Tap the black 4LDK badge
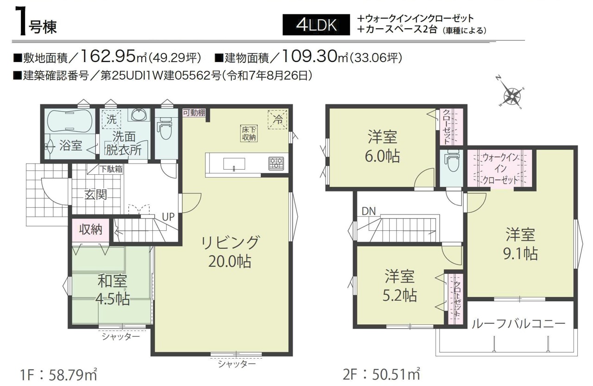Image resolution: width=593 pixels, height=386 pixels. point(316,25)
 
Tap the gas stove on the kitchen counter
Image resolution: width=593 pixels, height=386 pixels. point(276,163)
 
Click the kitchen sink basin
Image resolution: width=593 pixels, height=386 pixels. point(234,164)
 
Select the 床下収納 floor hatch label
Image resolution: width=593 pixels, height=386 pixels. point(249,133)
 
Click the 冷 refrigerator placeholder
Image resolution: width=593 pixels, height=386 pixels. point(278,120)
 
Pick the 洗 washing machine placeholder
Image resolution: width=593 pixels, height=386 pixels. point(111,120)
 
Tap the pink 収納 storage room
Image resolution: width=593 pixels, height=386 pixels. point(90,229)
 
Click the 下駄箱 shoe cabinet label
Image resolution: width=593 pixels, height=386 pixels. point(111,169)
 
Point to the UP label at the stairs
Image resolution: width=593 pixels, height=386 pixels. point(168,217)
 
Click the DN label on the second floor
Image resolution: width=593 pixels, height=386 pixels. point(368,211)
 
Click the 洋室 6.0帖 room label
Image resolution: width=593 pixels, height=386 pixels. point(382,147)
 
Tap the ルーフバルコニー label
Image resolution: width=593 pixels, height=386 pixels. point(518,323)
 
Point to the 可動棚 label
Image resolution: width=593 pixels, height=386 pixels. point(194,113)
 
